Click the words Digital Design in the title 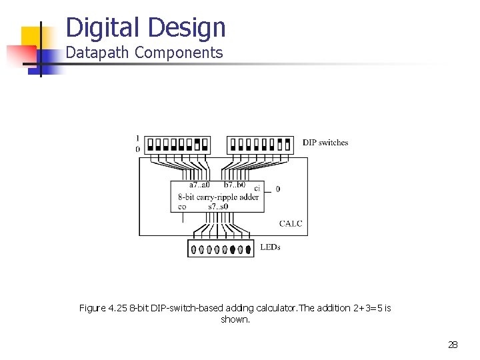click(x=146, y=28)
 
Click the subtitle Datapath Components click(x=144, y=53)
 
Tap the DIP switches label click(x=325, y=143)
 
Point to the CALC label click(x=291, y=223)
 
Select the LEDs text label click(x=270, y=247)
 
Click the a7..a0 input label click(x=199, y=185)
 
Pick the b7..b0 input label click(x=235, y=185)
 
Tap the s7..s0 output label click(x=218, y=207)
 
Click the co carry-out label click(x=182, y=207)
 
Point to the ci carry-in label click(x=257, y=189)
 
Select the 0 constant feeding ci click(x=278, y=189)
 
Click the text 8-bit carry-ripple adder click(x=219, y=197)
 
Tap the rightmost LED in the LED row click(x=249, y=250)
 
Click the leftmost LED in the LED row click(x=193, y=250)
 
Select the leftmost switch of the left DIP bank click(x=149, y=144)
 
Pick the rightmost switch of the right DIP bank click(x=289, y=144)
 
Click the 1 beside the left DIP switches click(x=137, y=138)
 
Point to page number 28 click(x=453, y=345)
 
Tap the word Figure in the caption click(x=92, y=308)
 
